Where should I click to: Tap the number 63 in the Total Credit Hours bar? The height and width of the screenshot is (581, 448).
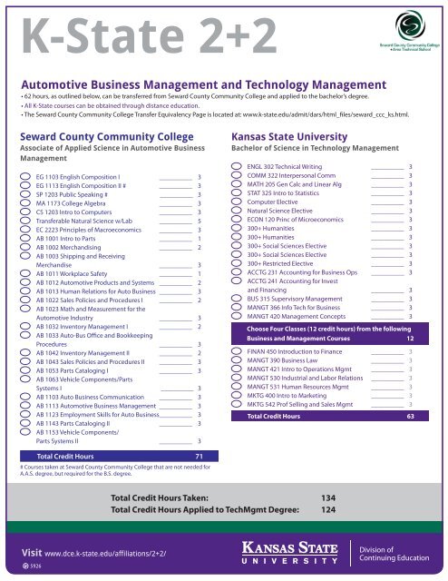point(411,417)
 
